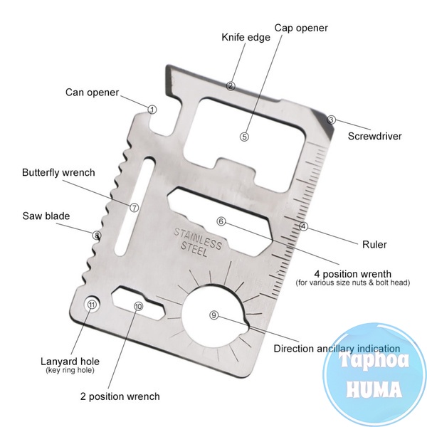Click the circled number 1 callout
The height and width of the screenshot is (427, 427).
click(152, 110)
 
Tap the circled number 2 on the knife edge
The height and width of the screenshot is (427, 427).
click(231, 85)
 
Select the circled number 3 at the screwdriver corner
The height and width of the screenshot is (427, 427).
click(331, 120)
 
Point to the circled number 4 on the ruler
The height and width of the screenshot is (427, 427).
click(304, 227)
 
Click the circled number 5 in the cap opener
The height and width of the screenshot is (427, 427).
click(244, 137)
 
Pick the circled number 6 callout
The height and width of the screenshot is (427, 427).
click(221, 221)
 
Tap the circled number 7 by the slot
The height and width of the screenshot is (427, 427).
click(134, 207)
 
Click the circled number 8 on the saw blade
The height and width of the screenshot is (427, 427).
click(97, 234)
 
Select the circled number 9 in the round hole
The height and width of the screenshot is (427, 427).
click(214, 315)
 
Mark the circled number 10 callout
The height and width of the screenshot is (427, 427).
click(138, 305)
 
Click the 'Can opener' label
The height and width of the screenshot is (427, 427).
click(92, 92)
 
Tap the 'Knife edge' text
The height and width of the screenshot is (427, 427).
click(246, 37)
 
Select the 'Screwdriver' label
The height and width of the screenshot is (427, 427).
click(375, 135)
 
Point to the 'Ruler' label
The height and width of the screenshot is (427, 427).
click(374, 245)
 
